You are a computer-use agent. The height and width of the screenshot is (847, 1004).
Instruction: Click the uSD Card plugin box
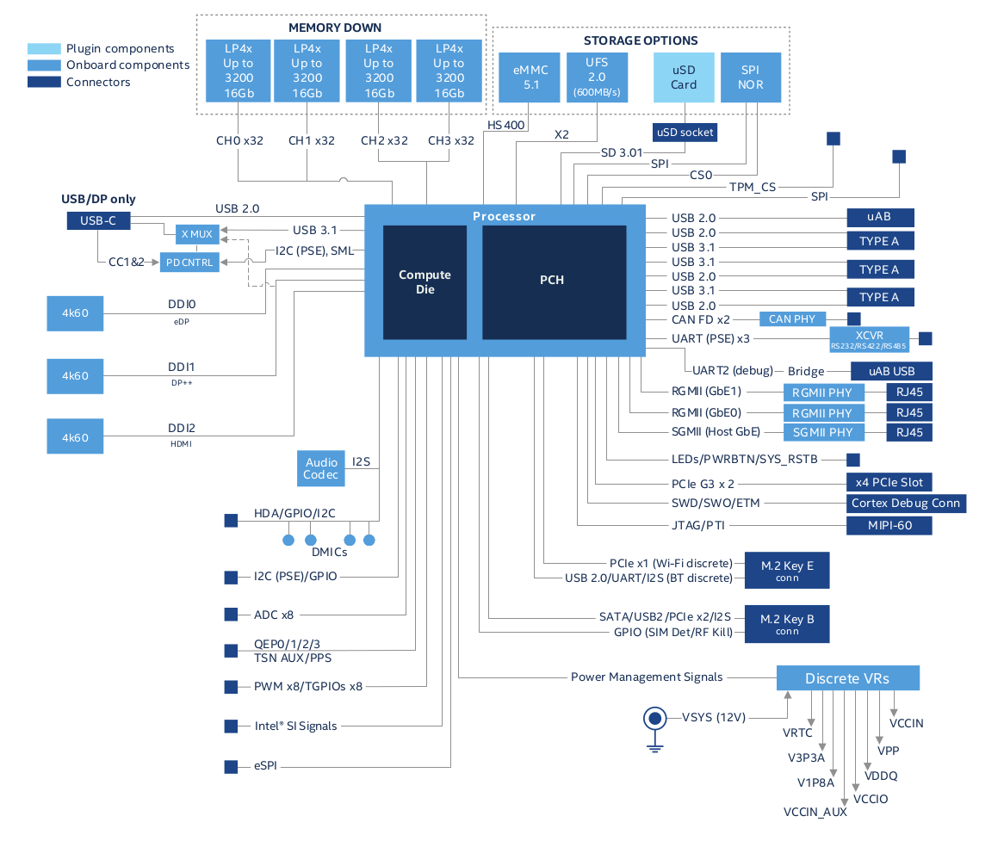(x=684, y=77)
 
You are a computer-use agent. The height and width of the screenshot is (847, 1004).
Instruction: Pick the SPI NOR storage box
(x=750, y=77)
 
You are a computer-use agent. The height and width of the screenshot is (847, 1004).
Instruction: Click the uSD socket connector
(x=685, y=132)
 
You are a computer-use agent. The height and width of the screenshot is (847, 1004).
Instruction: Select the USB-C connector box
(x=98, y=221)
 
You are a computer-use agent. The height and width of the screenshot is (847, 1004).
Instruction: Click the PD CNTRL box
(x=189, y=262)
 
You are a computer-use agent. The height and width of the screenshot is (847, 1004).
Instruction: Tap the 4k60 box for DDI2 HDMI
(x=75, y=436)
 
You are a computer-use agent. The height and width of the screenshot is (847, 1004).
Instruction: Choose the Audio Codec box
(x=320, y=468)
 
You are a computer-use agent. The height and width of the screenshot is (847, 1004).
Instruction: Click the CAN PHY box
(x=791, y=318)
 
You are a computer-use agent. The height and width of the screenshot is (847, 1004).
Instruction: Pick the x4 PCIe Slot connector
(x=889, y=482)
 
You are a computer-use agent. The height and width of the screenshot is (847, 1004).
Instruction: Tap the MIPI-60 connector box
(x=889, y=525)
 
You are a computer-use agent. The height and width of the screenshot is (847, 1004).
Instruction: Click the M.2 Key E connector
(x=786, y=570)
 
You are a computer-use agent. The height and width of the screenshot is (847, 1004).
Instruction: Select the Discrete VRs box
(x=847, y=678)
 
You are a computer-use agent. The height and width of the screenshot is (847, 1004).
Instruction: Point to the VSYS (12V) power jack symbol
(x=655, y=718)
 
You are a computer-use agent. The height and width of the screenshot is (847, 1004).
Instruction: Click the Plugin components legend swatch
(x=44, y=49)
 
